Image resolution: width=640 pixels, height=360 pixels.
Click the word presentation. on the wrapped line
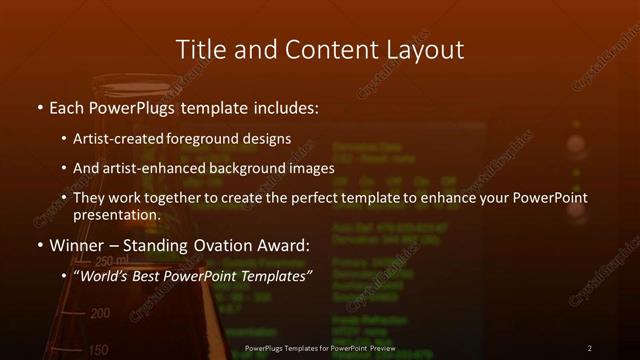pyautogui.click(x=117, y=215)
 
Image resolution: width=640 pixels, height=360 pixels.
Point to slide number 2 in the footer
pyautogui.click(x=590, y=348)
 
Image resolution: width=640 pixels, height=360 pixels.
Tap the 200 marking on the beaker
pyautogui.click(x=100, y=314)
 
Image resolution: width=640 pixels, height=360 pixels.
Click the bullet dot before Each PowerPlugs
pyautogui.click(x=39, y=108)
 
